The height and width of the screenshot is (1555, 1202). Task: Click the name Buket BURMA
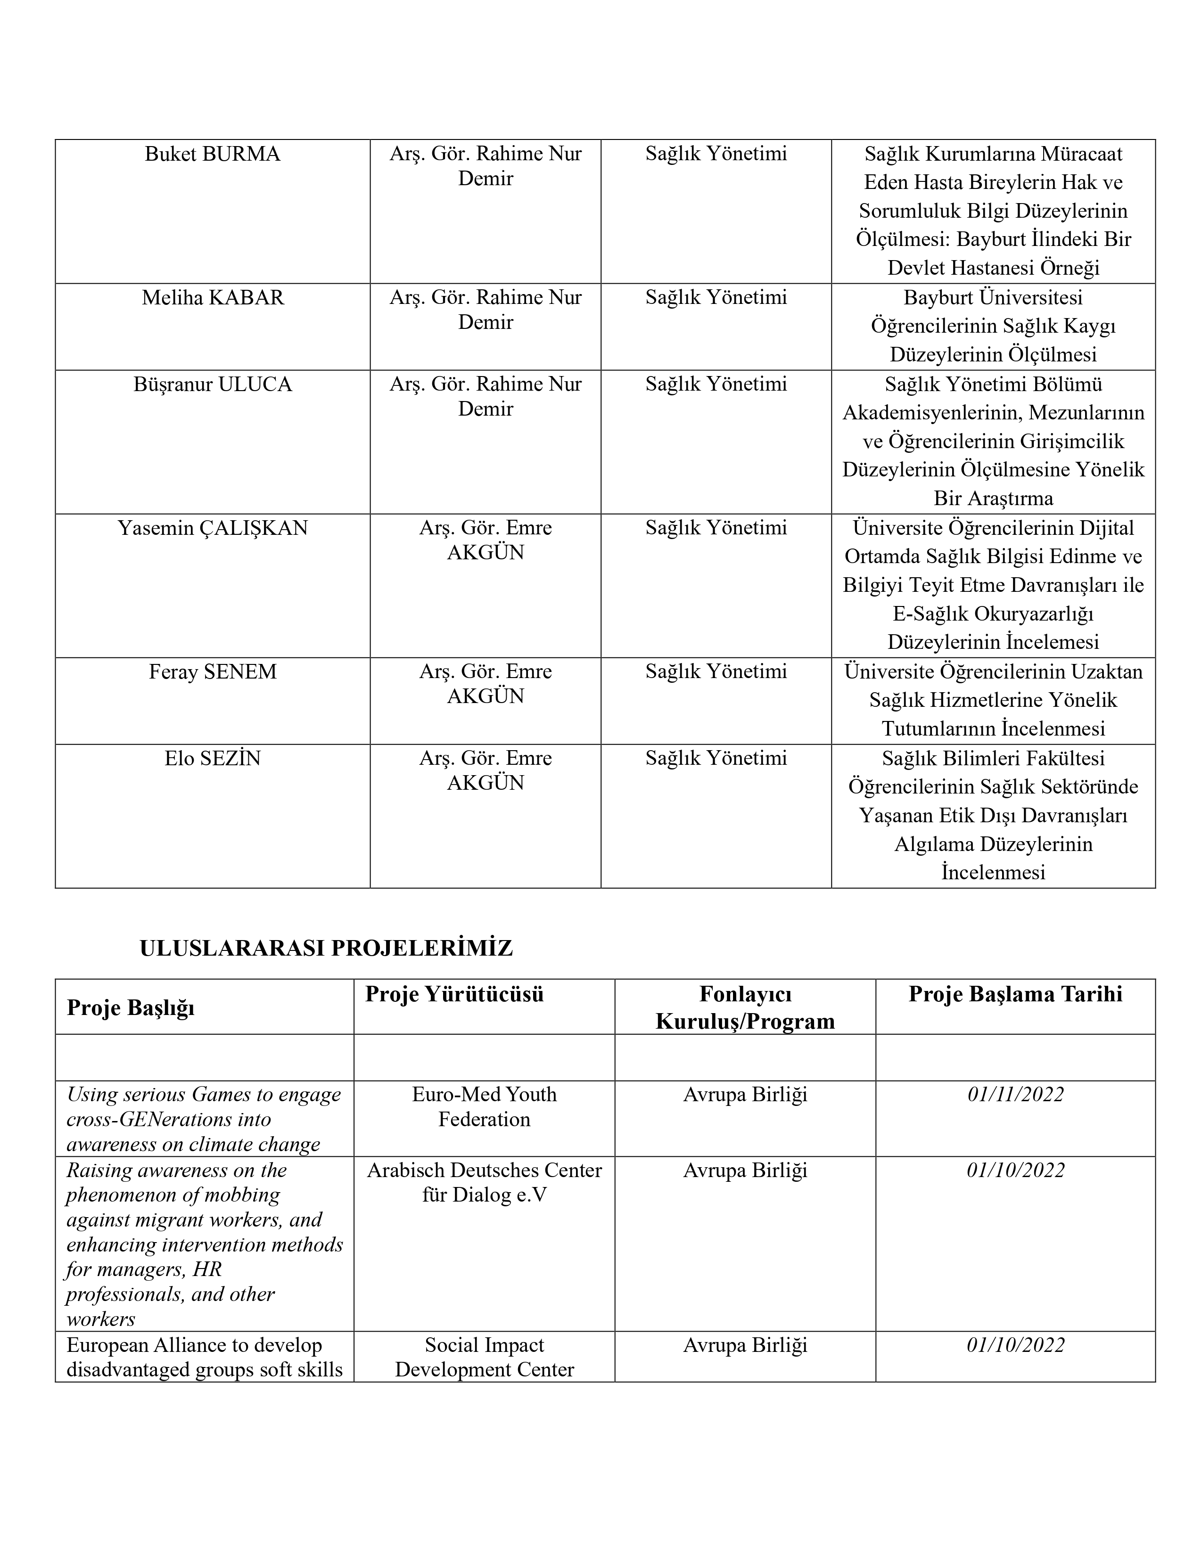[x=212, y=155]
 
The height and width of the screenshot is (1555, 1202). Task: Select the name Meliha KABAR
[x=212, y=298]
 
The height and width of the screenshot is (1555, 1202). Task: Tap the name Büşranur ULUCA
[x=212, y=385]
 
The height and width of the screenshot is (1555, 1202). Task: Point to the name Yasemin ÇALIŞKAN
[x=212, y=528]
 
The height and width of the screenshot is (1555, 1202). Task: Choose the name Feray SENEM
[x=212, y=672]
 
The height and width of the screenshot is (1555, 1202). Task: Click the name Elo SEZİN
[x=212, y=758]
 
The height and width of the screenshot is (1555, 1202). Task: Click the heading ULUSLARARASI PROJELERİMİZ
[x=326, y=949]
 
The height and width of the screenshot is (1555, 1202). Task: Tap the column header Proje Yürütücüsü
[x=454, y=994]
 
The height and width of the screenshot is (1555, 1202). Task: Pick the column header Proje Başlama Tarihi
[x=1015, y=994]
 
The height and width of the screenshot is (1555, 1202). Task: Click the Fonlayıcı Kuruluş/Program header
[x=745, y=1007]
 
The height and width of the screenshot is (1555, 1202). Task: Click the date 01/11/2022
[x=1015, y=1094]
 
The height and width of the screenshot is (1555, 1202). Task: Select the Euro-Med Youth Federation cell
[x=484, y=1106]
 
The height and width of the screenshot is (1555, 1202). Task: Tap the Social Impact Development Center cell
[x=484, y=1357]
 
